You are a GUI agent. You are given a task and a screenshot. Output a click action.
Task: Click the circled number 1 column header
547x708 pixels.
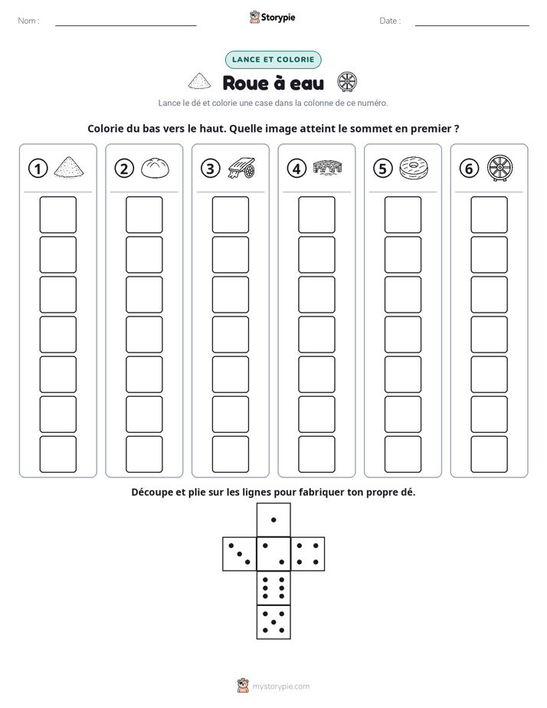pyautogui.click(x=38, y=169)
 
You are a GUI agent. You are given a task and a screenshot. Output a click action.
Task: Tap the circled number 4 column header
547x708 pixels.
pyautogui.click(x=296, y=169)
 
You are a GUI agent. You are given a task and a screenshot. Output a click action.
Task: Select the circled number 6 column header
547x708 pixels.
pyautogui.click(x=469, y=169)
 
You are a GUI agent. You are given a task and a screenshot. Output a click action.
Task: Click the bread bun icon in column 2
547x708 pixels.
pyautogui.click(x=156, y=168)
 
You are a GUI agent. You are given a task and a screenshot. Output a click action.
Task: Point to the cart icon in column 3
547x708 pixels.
pyautogui.click(x=241, y=168)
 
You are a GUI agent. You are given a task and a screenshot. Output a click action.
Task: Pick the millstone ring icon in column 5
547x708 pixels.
pyautogui.click(x=414, y=167)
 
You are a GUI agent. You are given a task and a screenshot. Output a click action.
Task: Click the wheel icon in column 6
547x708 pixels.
pyautogui.click(x=500, y=168)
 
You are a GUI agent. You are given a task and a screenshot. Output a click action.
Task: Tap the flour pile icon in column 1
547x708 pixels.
pyautogui.click(x=69, y=166)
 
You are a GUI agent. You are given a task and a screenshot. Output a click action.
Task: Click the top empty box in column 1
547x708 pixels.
pyautogui.click(x=57, y=215)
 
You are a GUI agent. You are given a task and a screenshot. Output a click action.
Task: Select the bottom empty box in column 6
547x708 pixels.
pyautogui.click(x=489, y=454)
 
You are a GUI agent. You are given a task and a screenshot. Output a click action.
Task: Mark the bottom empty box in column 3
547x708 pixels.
pyautogui.click(x=230, y=454)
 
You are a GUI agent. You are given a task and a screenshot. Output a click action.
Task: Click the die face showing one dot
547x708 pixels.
pyautogui.click(x=273, y=520)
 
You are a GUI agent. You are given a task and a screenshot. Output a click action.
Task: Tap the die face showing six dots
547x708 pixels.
pyautogui.click(x=273, y=588)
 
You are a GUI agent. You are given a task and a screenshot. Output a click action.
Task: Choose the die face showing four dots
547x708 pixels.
pyautogui.click(x=308, y=554)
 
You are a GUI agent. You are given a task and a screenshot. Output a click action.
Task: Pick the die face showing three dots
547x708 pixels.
pyautogui.click(x=240, y=554)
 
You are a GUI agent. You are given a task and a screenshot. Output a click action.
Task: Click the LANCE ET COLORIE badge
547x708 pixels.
pyautogui.click(x=273, y=60)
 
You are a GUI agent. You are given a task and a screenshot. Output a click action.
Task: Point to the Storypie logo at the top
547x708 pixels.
pyautogui.click(x=272, y=17)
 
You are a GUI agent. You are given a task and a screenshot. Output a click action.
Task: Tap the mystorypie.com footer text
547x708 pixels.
pyautogui.click(x=280, y=687)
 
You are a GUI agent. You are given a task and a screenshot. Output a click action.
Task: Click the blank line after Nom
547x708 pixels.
pyautogui.click(x=126, y=25)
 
